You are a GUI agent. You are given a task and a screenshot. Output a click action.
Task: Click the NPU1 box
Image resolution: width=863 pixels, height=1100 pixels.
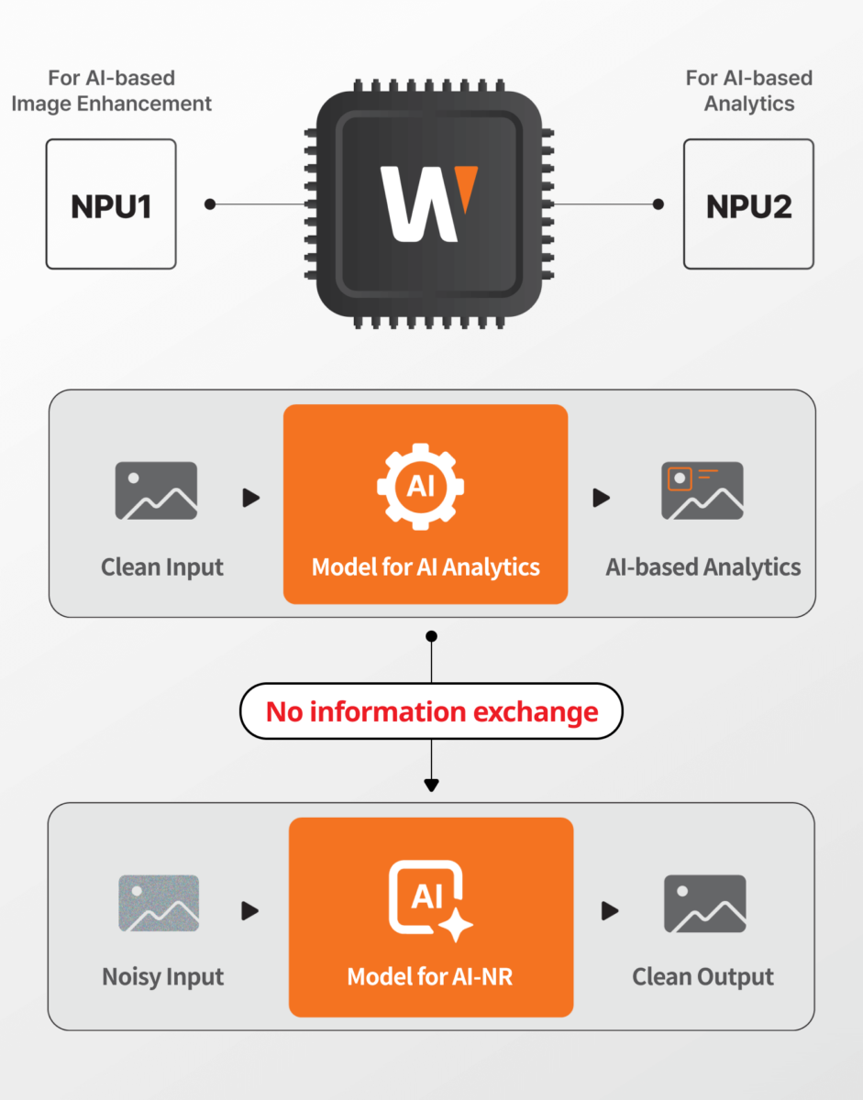pos(110,204)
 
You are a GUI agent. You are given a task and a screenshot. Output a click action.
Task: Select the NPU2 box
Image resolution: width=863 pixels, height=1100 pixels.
pos(748,204)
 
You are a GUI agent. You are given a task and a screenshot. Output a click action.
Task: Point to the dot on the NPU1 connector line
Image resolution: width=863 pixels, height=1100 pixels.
pos(210,204)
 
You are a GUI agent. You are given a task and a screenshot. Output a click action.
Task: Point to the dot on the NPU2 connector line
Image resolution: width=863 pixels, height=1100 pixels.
pos(658,204)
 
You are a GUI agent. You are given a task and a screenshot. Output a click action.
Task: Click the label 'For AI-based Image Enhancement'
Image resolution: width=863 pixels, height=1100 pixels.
pos(111,91)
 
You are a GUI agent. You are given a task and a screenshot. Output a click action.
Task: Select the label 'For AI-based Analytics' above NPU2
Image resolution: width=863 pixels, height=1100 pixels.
pos(748,91)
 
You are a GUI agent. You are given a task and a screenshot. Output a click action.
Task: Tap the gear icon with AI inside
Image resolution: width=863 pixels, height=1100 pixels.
pos(421,487)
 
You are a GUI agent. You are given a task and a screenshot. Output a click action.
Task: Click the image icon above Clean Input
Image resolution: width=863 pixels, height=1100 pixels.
pos(156,491)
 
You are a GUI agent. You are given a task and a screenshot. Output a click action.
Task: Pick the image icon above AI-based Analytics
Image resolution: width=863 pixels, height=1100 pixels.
pos(703,491)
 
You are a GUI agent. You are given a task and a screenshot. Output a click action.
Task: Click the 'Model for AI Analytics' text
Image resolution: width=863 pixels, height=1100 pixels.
pos(426,567)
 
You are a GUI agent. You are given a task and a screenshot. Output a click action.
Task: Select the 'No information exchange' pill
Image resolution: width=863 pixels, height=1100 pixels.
pos(431,711)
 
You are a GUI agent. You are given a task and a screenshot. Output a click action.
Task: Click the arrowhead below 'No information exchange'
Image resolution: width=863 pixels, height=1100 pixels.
pos(431,785)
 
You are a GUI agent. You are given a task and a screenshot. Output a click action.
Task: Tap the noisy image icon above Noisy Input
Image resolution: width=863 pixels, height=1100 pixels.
pos(159,904)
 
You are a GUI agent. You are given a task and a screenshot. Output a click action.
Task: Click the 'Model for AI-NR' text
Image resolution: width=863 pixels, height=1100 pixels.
pos(430,977)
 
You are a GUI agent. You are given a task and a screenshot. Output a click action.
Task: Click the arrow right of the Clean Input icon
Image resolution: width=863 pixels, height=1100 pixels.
pos(250,498)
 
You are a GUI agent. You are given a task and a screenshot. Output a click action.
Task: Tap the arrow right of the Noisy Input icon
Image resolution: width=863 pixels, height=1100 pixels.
pos(250,911)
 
